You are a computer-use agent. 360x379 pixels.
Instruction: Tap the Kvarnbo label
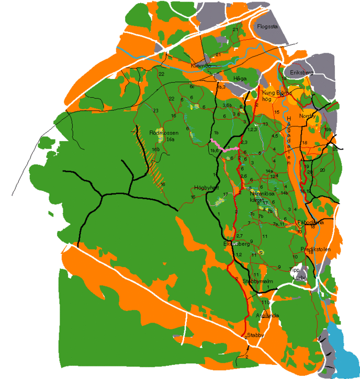pyautogui.click(x=200, y=66)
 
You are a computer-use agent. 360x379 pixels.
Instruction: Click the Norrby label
pyautogui.click(x=308, y=116)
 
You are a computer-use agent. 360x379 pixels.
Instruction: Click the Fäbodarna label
pyautogui.click(x=310, y=222)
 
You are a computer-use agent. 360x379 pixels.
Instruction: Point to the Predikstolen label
pyautogui.click(x=316, y=249)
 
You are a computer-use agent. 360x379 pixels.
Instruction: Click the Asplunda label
pyautogui.click(x=267, y=316)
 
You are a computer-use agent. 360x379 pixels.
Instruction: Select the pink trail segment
pyautogui.click(x=224, y=147)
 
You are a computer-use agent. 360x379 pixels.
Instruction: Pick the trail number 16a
pyautogui.click(x=170, y=140)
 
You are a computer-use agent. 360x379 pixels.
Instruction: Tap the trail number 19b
pyautogui.click(x=328, y=129)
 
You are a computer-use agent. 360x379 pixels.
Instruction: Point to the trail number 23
pyautogui.click(x=155, y=111)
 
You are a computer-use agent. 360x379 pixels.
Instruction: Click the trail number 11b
pyautogui.click(x=265, y=303)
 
